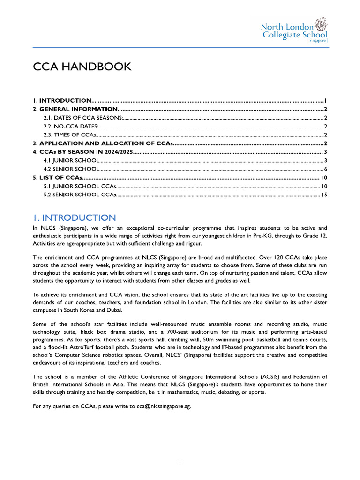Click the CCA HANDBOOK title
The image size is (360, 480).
pos(82,67)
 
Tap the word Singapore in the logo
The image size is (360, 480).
pos(317,41)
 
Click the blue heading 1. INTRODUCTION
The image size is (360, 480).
pos(74,217)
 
